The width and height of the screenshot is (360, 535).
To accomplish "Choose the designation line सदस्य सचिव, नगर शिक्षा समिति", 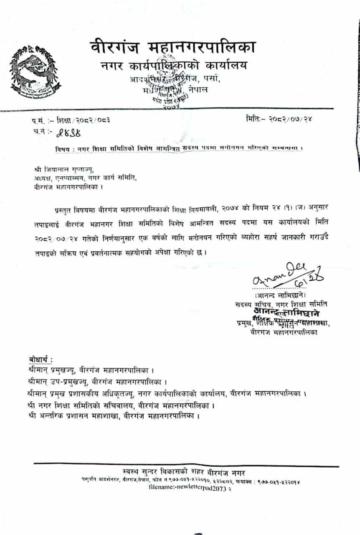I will pyautogui.click(x=281, y=304).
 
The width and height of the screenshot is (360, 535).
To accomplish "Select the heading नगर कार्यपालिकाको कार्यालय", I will pyautogui.click(x=174, y=66).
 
